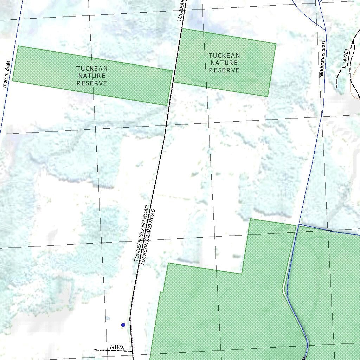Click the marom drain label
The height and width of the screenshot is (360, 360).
6,74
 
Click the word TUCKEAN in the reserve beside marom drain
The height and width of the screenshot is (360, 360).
92,68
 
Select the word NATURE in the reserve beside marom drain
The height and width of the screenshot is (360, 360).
92,76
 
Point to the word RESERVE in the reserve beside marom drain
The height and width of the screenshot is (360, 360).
92,83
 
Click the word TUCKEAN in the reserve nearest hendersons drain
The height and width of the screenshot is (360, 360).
224,55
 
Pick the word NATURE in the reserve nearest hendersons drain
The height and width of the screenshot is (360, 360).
224,63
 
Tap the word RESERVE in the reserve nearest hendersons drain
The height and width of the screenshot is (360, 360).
224,70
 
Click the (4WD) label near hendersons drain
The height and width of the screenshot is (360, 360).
346,56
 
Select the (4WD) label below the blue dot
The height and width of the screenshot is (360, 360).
117,347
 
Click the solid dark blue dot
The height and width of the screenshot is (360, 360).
123,325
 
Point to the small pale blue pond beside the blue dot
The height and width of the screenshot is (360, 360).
108,318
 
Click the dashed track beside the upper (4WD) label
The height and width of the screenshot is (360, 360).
340,72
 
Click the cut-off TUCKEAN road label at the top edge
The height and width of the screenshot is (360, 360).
181,11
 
